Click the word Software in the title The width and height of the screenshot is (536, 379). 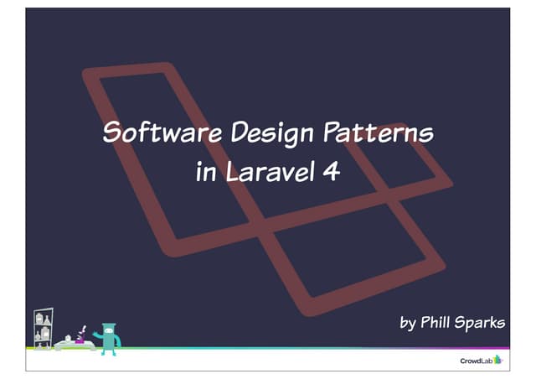pos(152,133)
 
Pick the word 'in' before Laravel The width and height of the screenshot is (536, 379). pos(204,173)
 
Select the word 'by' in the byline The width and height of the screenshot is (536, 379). pos(407,323)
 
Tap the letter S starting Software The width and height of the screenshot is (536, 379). pos(108,133)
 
